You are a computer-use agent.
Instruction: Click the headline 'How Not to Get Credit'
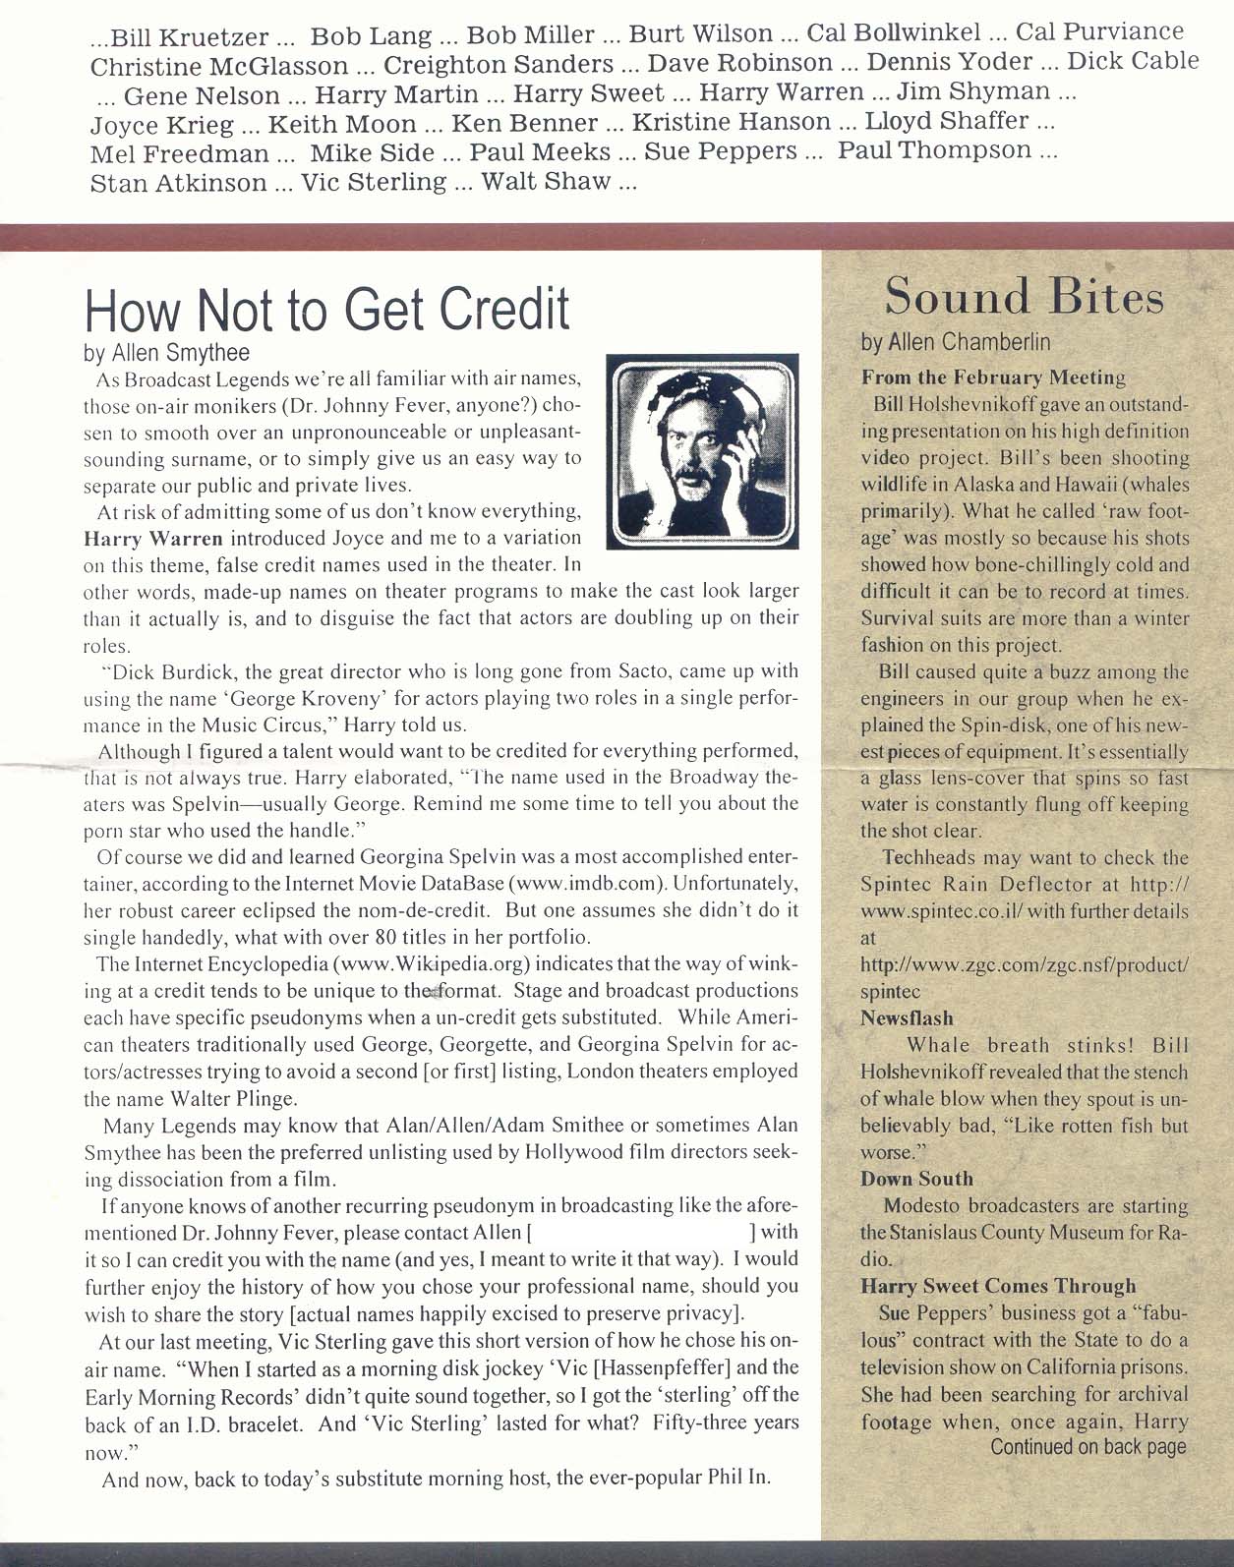click(327, 309)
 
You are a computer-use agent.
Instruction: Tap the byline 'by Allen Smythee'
click(166, 352)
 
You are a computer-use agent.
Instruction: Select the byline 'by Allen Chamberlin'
click(957, 342)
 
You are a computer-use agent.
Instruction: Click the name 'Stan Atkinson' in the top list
click(178, 184)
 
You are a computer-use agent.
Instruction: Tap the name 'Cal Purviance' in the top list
click(1099, 33)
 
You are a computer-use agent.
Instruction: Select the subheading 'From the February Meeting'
click(993, 377)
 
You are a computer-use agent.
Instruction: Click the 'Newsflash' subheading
click(907, 1018)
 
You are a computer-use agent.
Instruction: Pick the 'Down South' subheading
click(916, 1179)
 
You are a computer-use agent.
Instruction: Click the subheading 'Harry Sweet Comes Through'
click(998, 1286)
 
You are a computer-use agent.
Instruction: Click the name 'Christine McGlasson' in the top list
click(218, 66)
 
